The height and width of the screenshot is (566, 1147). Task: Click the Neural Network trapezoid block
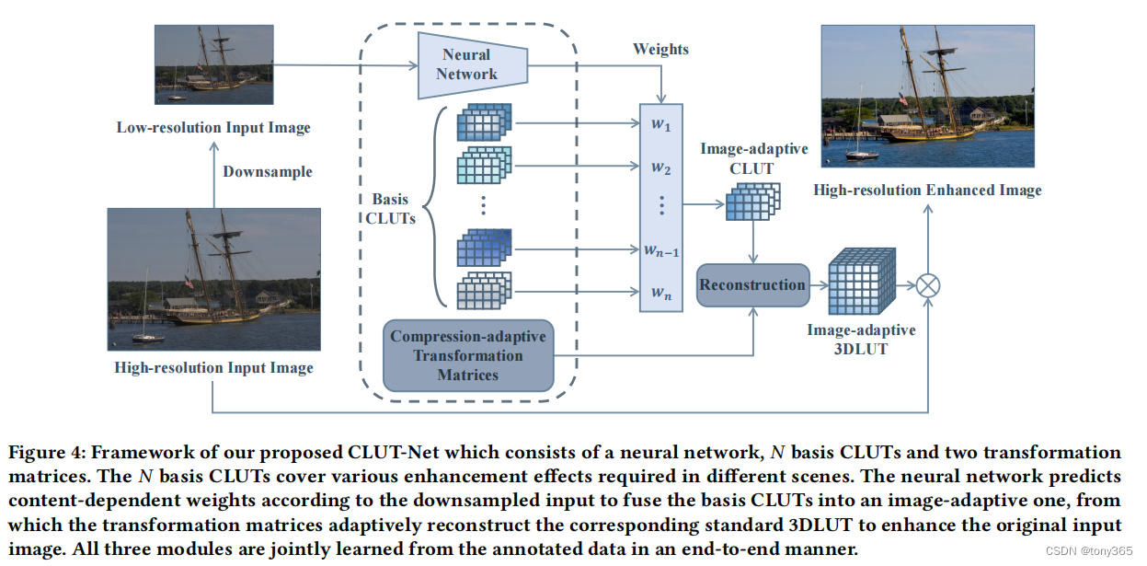coord(466,65)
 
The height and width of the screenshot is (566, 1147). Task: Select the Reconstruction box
coord(751,284)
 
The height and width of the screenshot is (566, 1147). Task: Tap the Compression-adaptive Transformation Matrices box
coord(467,355)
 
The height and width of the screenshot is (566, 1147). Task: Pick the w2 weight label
coord(660,167)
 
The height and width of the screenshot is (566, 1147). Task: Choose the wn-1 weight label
coord(660,248)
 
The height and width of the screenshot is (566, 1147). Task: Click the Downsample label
coord(267,171)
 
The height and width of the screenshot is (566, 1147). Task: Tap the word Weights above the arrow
coord(660,49)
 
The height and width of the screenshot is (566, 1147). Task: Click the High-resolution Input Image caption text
coord(213,368)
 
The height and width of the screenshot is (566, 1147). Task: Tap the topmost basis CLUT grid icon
coord(484,123)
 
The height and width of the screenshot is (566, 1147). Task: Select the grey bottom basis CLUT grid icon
coord(484,290)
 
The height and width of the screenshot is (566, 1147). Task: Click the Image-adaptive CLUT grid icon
coord(752,202)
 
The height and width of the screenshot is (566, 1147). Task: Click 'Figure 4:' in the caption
coord(46,453)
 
